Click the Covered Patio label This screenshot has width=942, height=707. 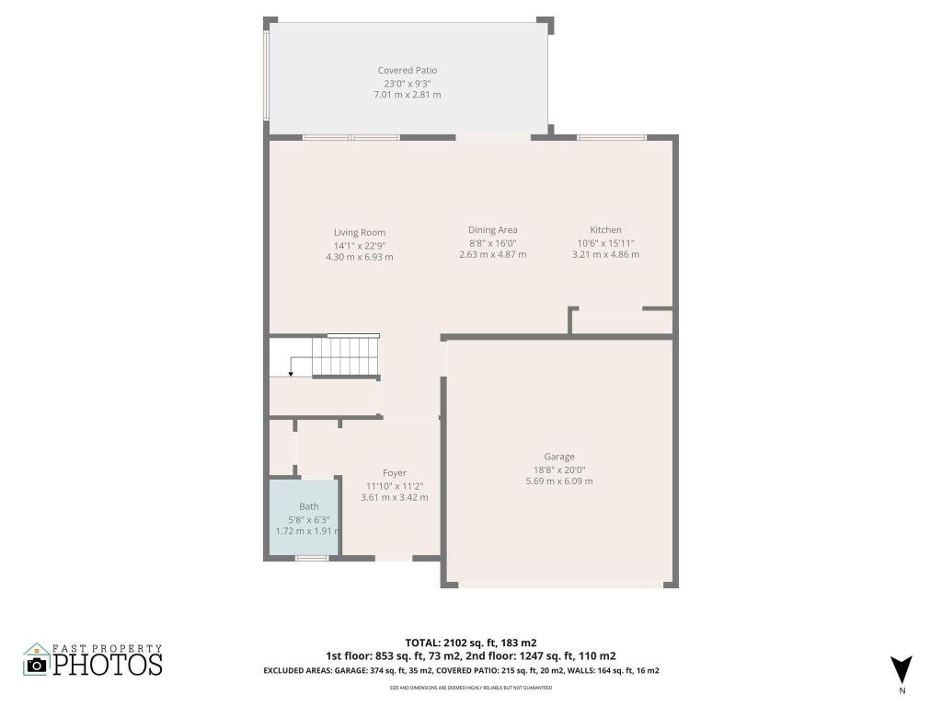(x=407, y=70)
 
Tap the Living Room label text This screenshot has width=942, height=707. (x=359, y=232)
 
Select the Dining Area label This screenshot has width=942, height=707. (x=492, y=230)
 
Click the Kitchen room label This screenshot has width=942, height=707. (x=605, y=230)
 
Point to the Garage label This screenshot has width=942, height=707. (x=558, y=457)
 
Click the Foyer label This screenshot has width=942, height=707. (x=395, y=473)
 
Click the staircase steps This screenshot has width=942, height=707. (x=344, y=356)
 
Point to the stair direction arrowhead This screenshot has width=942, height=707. (x=291, y=374)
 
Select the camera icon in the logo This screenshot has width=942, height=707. (x=37, y=665)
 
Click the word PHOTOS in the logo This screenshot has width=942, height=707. (x=108, y=664)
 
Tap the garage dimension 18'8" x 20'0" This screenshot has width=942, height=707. (x=558, y=469)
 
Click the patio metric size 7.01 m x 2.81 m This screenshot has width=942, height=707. (x=407, y=95)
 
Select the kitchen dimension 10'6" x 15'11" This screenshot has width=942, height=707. (x=605, y=243)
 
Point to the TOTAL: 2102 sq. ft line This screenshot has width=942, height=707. (x=471, y=643)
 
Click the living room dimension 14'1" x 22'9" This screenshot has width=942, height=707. (x=359, y=245)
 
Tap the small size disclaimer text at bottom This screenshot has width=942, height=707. (x=470, y=688)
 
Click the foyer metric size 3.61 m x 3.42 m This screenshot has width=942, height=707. (x=395, y=497)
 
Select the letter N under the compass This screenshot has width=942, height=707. (x=902, y=690)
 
